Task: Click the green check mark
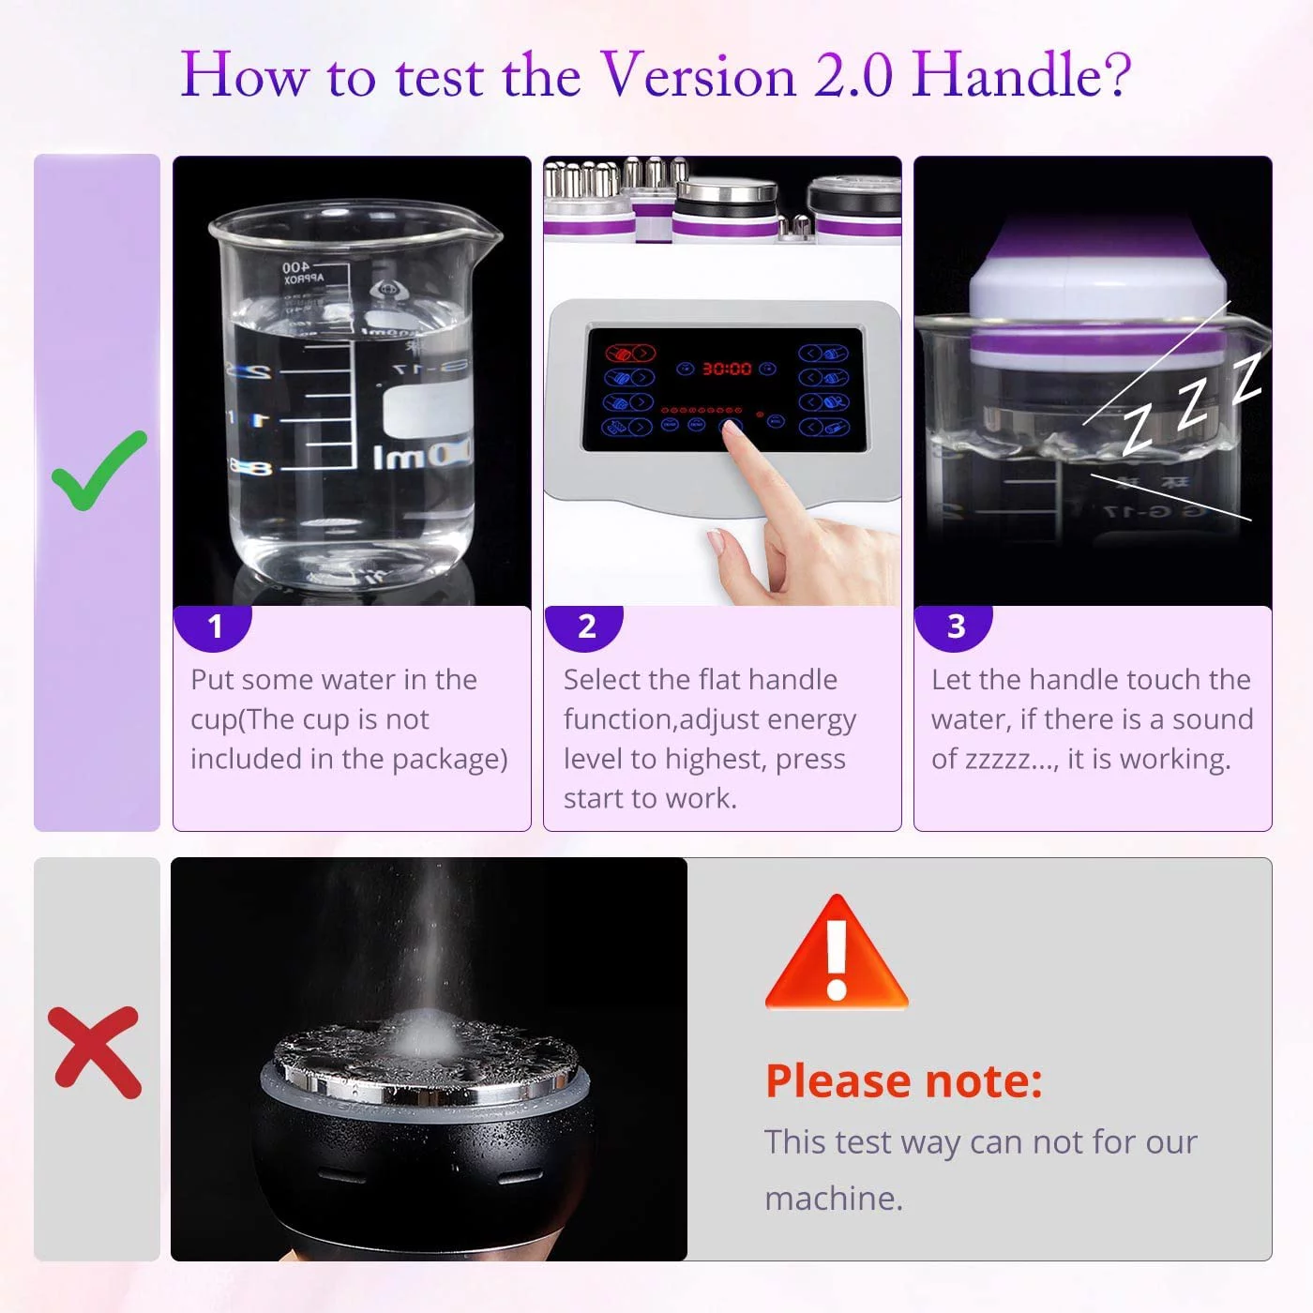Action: point(98,471)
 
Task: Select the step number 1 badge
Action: point(215,626)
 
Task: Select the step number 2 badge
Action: point(586,626)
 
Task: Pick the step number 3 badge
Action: point(956,626)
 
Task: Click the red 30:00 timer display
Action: point(727,369)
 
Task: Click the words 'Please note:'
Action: point(903,1080)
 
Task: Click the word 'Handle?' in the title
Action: point(1021,75)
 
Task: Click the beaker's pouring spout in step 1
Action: point(483,225)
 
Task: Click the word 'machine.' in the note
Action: point(834,1199)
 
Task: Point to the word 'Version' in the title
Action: point(698,75)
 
